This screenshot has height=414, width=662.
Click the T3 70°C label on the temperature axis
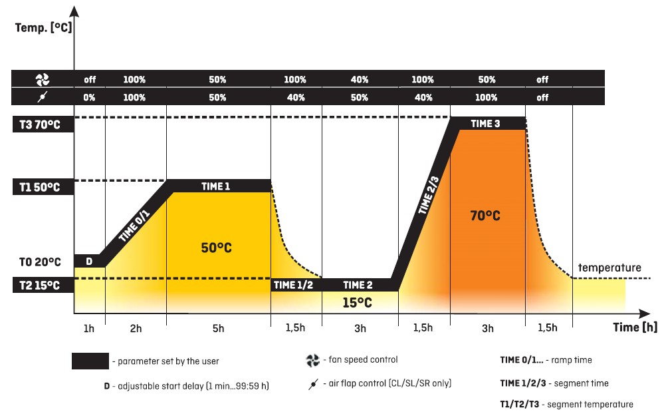[38, 124]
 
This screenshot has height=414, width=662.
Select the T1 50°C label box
[38, 187]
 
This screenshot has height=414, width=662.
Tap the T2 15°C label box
[38, 286]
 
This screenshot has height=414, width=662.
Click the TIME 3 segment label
[485, 124]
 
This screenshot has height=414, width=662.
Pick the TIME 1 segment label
[216, 186]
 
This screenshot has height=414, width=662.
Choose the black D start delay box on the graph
[89, 260]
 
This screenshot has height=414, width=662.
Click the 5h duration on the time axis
[218, 327]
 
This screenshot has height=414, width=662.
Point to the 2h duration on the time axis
[136, 327]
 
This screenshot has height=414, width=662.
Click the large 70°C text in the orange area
[485, 216]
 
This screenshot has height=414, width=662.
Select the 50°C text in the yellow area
[217, 248]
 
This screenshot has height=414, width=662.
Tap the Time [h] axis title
[635, 327]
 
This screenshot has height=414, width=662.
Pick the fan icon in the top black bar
[43, 80]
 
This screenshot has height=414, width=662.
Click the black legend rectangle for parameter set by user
[90, 361]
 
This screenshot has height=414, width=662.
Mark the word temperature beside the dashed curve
[609, 268]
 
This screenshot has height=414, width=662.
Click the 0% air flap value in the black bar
[90, 97]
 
